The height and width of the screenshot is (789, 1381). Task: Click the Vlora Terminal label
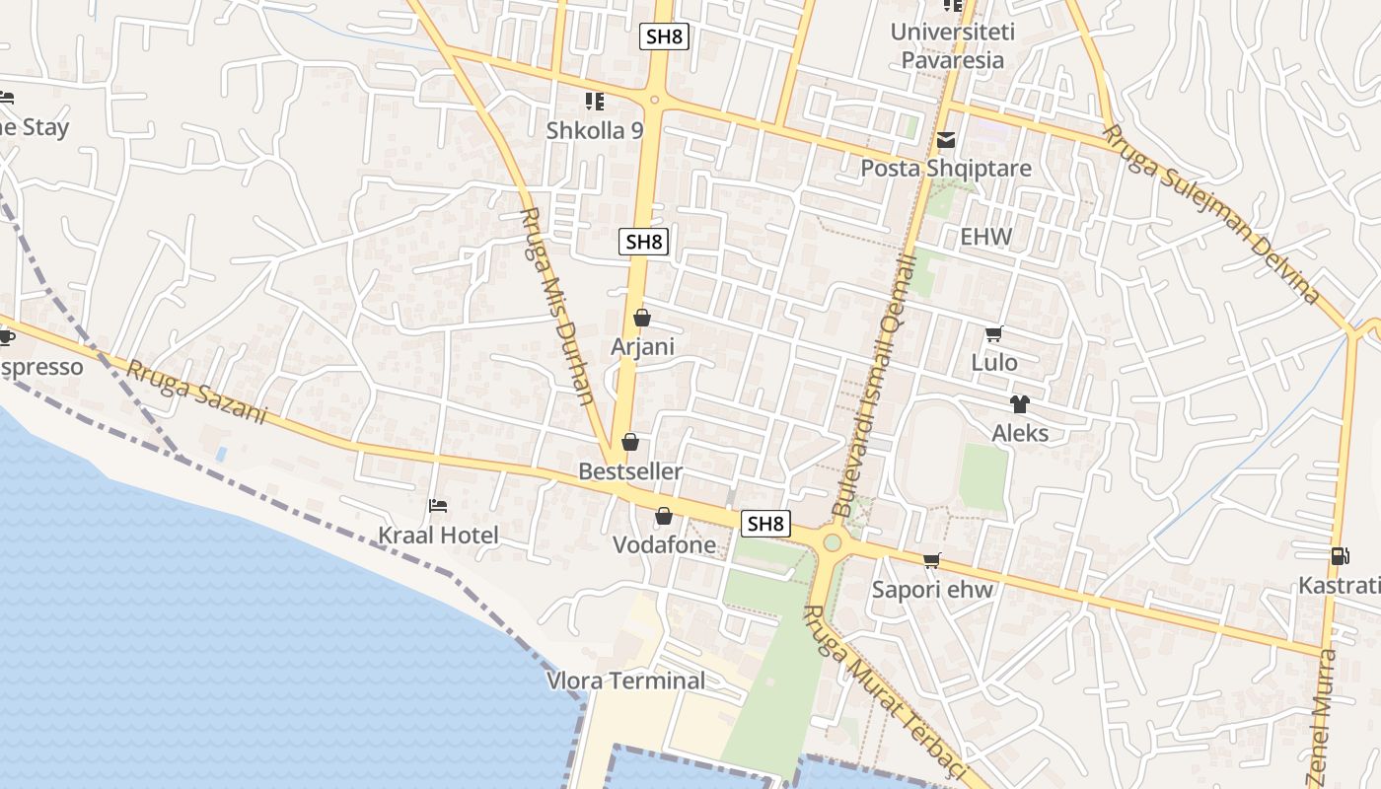626,681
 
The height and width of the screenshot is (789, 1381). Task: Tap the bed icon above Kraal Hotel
438,506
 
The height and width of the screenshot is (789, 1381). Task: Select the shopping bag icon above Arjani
642,318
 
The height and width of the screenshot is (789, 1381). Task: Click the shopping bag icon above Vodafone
664,516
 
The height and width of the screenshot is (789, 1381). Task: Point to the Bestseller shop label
630,471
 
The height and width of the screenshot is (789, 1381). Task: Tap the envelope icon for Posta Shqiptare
946,140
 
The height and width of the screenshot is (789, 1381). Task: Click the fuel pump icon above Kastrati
1340,556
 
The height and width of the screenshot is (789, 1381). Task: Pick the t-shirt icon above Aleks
1019,404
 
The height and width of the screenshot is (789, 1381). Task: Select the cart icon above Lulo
993,334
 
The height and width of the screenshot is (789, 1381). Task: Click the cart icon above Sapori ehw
931,561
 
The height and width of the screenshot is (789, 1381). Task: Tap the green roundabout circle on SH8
833,542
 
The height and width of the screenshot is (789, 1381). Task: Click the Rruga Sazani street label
196,393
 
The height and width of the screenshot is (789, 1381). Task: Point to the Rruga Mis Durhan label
557,306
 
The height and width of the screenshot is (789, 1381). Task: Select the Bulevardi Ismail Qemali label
874,385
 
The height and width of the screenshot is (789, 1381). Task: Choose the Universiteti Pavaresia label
952,45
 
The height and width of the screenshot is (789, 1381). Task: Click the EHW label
985,237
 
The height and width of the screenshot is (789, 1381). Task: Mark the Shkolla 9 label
595,130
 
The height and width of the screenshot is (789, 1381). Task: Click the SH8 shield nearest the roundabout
765,524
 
